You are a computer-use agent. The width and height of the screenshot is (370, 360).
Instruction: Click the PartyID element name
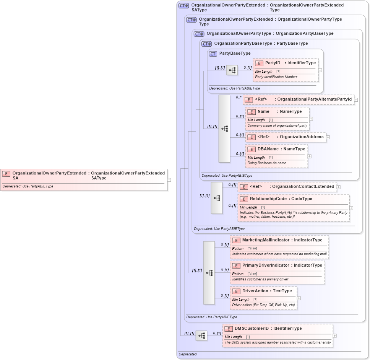(x=273, y=63)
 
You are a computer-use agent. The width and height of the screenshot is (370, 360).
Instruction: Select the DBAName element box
(x=276, y=156)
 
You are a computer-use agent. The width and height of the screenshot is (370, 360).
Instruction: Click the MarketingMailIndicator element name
(x=266, y=240)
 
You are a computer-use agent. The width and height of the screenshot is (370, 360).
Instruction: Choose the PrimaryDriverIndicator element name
(x=266, y=266)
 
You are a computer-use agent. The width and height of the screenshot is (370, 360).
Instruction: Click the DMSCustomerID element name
(x=252, y=329)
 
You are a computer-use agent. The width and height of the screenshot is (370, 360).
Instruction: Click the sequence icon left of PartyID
(x=232, y=70)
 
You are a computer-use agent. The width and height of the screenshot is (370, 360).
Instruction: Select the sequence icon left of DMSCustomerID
(x=201, y=336)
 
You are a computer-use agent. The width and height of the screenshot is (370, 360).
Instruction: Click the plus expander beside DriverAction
(x=299, y=298)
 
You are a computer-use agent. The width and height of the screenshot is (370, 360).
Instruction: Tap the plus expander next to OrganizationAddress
(x=328, y=137)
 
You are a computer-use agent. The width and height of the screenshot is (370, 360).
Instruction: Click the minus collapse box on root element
(x=169, y=179)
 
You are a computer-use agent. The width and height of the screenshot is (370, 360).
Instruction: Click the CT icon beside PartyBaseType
(x=213, y=54)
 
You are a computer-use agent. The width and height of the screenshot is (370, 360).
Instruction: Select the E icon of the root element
(x=6, y=174)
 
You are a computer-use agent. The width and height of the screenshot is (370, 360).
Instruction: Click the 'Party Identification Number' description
(x=276, y=77)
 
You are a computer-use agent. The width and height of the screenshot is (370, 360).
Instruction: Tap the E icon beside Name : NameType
(x=252, y=112)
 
